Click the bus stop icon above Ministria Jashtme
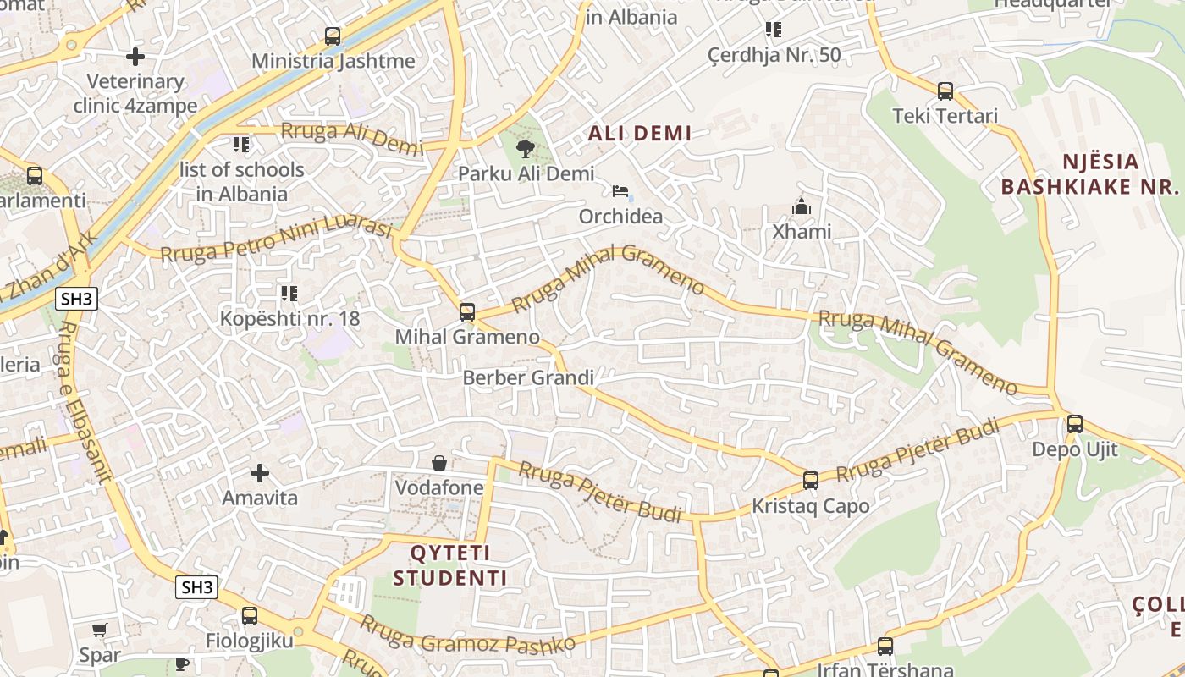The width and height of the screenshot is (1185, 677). [333, 36]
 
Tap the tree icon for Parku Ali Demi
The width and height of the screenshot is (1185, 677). [526, 150]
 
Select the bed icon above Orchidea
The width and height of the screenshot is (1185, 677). [621, 191]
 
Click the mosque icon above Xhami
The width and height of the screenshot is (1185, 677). [801, 206]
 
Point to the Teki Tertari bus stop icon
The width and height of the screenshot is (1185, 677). [945, 91]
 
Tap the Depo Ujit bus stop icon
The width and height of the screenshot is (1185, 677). [1074, 424]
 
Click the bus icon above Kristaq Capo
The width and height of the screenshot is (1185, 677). [810, 481]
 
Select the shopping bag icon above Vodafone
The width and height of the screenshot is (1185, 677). [439, 463]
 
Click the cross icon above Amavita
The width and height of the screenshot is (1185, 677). [260, 473]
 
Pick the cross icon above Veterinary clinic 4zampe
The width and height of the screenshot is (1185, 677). [135, 57]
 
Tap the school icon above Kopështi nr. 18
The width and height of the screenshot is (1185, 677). [289, 294]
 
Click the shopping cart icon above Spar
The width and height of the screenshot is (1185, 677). [100, 630]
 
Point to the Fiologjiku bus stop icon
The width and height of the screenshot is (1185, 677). [249, 616]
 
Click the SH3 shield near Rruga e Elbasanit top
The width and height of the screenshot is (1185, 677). [77, 299]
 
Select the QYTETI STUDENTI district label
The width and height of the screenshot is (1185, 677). [450, 566]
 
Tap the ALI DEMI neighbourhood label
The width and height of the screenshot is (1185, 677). [640, 133]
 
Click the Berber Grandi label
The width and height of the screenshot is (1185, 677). [528, 377]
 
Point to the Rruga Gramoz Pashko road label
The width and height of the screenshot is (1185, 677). [467, 634]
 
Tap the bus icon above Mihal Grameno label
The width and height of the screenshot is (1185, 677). [466, 312]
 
